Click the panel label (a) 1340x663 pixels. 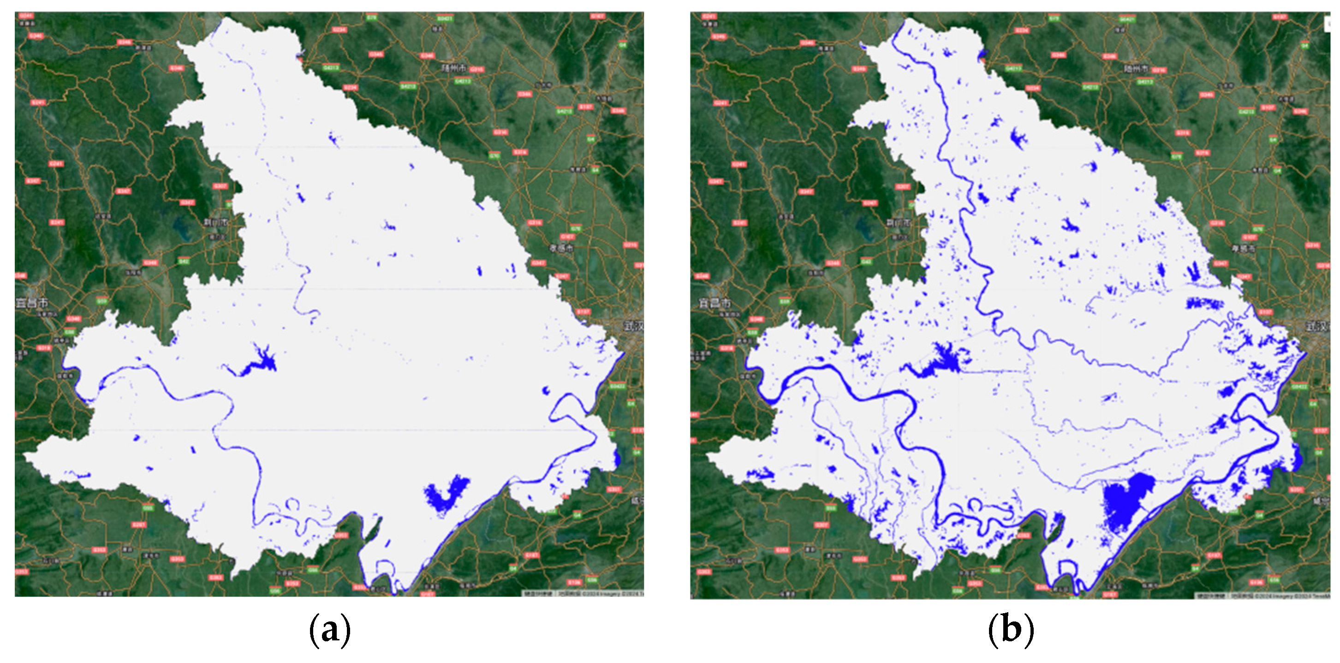tap(330, 631)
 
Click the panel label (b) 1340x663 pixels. tap(1010, 631)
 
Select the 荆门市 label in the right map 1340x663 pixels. tap(899, 223)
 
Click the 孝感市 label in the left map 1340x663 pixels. tap(561, 248)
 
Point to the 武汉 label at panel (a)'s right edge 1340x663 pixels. tap(634, 326)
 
